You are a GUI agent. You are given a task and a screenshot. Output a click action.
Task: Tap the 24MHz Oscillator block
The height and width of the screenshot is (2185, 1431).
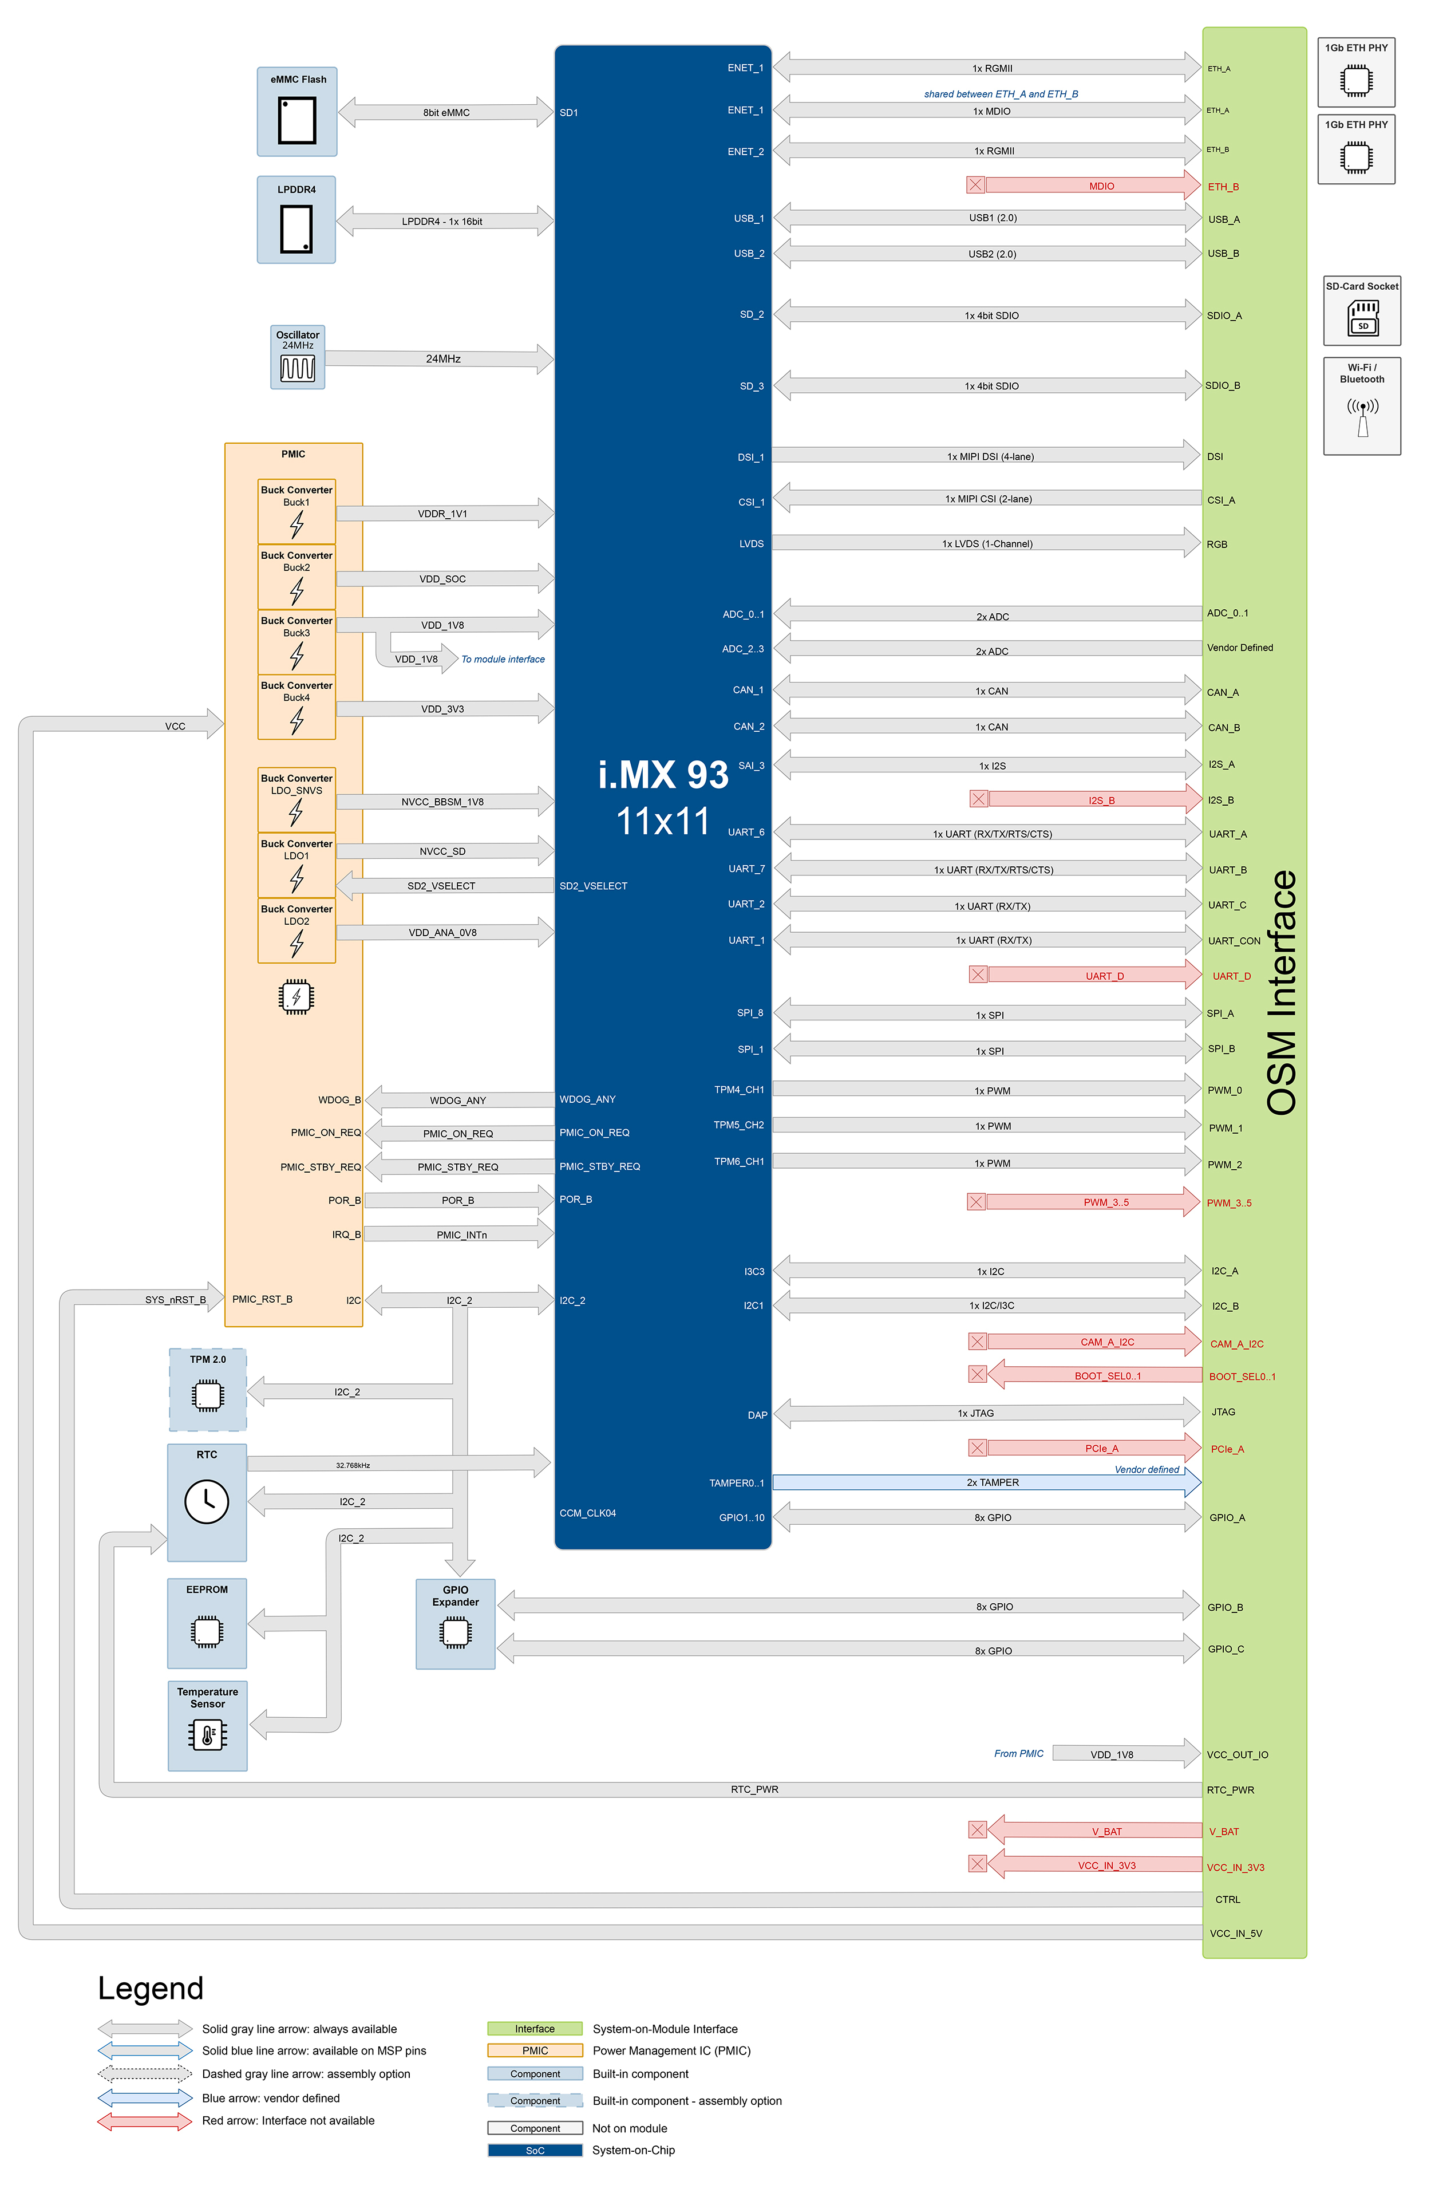pyautogui.click(x=298, y=357)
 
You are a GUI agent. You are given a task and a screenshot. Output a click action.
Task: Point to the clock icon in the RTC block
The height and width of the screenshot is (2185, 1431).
pyautogui.click(x=207, y=1501)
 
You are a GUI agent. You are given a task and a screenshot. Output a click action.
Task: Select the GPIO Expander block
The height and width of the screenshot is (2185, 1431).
pyautogui.click(x=455, y=1623)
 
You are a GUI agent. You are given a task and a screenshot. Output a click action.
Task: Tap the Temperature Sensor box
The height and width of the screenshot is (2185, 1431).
pyautogui.click(x=207, y=1725)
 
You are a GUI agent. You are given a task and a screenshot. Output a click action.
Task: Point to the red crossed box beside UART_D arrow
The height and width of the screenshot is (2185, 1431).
pyautogui.click(x=978, y=974)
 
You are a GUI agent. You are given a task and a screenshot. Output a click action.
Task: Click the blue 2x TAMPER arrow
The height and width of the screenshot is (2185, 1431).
pyautogui.click(x=987, y=1482)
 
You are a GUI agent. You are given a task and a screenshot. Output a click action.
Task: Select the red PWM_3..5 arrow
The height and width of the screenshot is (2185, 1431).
pyautogui.click(x=1092, y=1202)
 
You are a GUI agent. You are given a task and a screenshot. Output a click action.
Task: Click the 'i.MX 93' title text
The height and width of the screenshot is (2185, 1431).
pyautogui.click(x=663, y=775)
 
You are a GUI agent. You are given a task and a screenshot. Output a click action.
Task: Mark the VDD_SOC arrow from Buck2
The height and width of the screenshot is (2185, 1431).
pyautogui.click(x=444, y=578)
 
